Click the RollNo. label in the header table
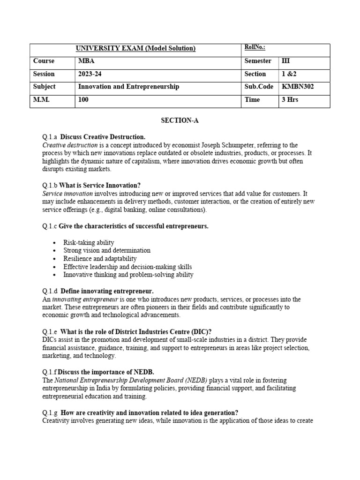[x=255, y=47]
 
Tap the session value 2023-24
[x=89, y=74]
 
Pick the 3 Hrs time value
[x=290, y=100]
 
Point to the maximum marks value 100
[x=83, y=100]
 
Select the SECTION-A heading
[x=180, y=120]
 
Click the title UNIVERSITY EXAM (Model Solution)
[x=135, y=48]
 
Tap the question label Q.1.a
[x=49, y=137]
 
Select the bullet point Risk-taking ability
[x=89, y=242]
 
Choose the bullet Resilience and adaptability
[x=100, y=258]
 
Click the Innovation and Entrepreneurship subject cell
[x=128, y=87]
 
